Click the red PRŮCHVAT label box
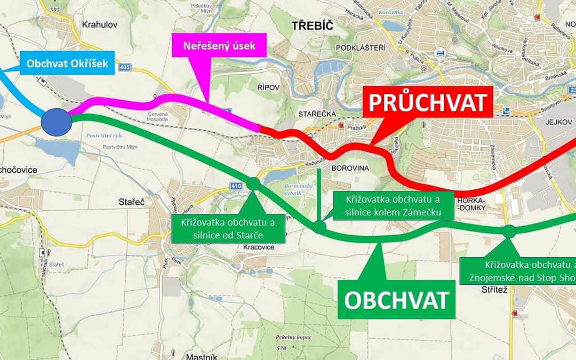(427, 102)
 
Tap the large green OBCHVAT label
(396, 300)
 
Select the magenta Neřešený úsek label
(220, 46)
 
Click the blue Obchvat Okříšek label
(67, 63)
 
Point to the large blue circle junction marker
(57, 122)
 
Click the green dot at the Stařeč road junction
(253, 183)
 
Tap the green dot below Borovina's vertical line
(319, 227)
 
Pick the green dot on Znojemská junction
(509, 231)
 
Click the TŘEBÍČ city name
(312, 26)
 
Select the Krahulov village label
(100, 24)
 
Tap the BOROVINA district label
(351, 167)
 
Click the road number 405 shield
(125, 68)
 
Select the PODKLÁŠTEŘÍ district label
(361, 48)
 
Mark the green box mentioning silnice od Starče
(228, 228)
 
